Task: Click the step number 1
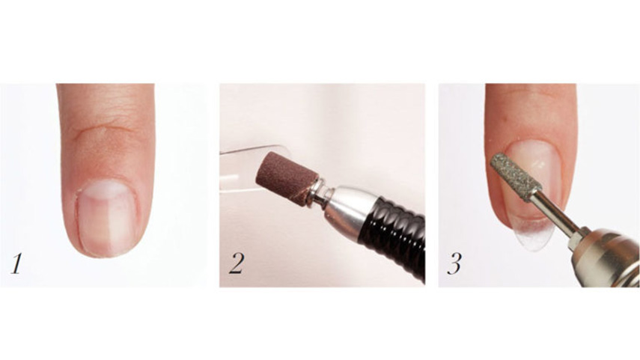tap(16, 263)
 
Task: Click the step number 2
tap(237, 263)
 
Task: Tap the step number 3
tap(454, 263)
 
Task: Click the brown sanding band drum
tap(287, 178)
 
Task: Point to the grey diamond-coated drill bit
tap(511, 176)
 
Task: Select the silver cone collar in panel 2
tap(345, 207)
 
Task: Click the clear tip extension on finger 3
tap(534, 236)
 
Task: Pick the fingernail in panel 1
tap(107, 218)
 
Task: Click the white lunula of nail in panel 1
tap(106, 190)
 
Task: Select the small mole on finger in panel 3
tap(506, 120)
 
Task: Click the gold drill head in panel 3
tap(607, 256)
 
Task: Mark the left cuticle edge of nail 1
tap(78, 220)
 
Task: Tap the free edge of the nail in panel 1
tap(107, 253)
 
